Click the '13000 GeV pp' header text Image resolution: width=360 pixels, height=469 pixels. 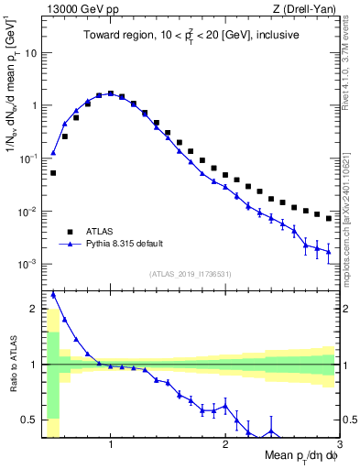[74, 9]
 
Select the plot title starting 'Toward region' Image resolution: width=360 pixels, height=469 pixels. [190, 36]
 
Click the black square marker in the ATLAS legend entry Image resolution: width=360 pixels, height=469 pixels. [67, 232]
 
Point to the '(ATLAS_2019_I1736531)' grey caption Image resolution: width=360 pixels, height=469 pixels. [190, 273]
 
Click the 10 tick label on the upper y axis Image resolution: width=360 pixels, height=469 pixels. [30, 52]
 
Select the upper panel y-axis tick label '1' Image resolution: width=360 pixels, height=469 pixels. [34, 105]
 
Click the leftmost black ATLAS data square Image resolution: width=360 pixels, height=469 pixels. [53, 172]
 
